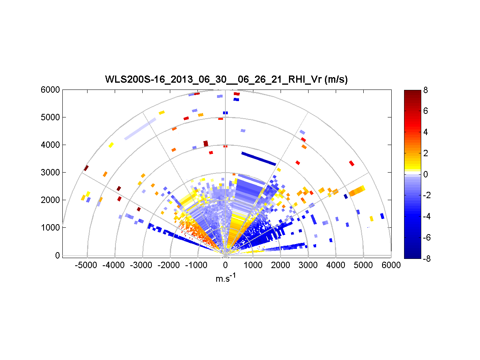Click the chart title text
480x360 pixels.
[x=226, y=80]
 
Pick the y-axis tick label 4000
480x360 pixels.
[x=52, y=145]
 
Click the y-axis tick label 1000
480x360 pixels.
[x=52, y=227]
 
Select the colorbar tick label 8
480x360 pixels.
[x=426, y=90]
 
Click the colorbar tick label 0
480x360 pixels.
[x=426, y=174]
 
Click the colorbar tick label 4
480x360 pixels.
[x=426, y=132]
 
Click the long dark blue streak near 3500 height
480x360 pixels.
[x=259, y=158]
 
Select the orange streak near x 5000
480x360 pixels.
[x=357, y=191]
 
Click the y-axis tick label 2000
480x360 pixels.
[x=52, y=200]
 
